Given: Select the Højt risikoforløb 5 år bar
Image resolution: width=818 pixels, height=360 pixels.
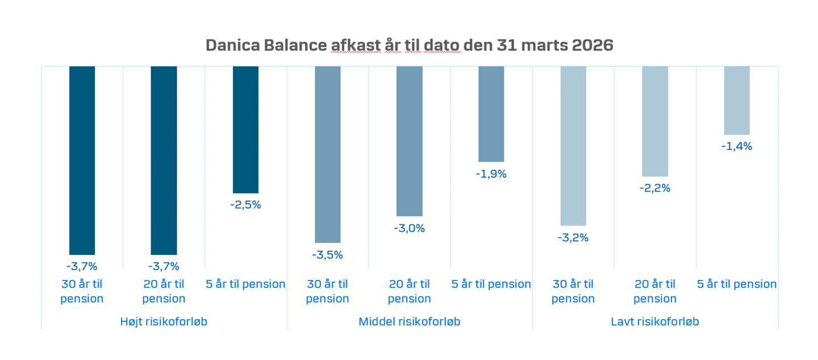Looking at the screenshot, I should [245, 129].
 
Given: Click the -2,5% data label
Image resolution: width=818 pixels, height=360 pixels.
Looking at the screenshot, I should [245, 205].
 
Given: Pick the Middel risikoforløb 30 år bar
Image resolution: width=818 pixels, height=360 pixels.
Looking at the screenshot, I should [328, 154].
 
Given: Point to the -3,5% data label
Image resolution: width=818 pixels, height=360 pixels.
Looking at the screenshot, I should [327, 255].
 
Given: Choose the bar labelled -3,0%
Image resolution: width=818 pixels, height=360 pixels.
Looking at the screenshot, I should [410, 141].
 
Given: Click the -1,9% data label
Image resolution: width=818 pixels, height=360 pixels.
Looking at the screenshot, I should [491, 174].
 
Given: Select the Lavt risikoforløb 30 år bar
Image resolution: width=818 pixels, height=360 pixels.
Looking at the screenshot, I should [573, 145].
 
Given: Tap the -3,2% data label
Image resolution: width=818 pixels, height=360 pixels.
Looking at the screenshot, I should [573, 238].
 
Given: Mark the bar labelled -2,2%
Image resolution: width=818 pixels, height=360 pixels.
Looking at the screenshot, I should [655, 121].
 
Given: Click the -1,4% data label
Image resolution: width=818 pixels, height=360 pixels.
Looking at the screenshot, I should [737, 146].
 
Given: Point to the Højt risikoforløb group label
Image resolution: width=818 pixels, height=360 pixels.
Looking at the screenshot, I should [164, 322].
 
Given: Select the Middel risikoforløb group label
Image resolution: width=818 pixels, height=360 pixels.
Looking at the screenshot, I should [409, 322].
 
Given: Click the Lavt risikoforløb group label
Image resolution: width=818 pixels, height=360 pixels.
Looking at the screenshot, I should [655, 322].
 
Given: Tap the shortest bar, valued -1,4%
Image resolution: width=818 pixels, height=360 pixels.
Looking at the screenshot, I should [737, 100].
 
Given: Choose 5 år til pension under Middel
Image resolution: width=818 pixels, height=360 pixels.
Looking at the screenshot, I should [491, 284].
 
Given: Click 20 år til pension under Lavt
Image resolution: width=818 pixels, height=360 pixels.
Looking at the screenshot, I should [655, 291].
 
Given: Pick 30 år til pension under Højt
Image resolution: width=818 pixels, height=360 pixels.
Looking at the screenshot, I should [82, 291].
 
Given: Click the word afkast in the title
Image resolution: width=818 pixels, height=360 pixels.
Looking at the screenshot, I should [354, 45].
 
